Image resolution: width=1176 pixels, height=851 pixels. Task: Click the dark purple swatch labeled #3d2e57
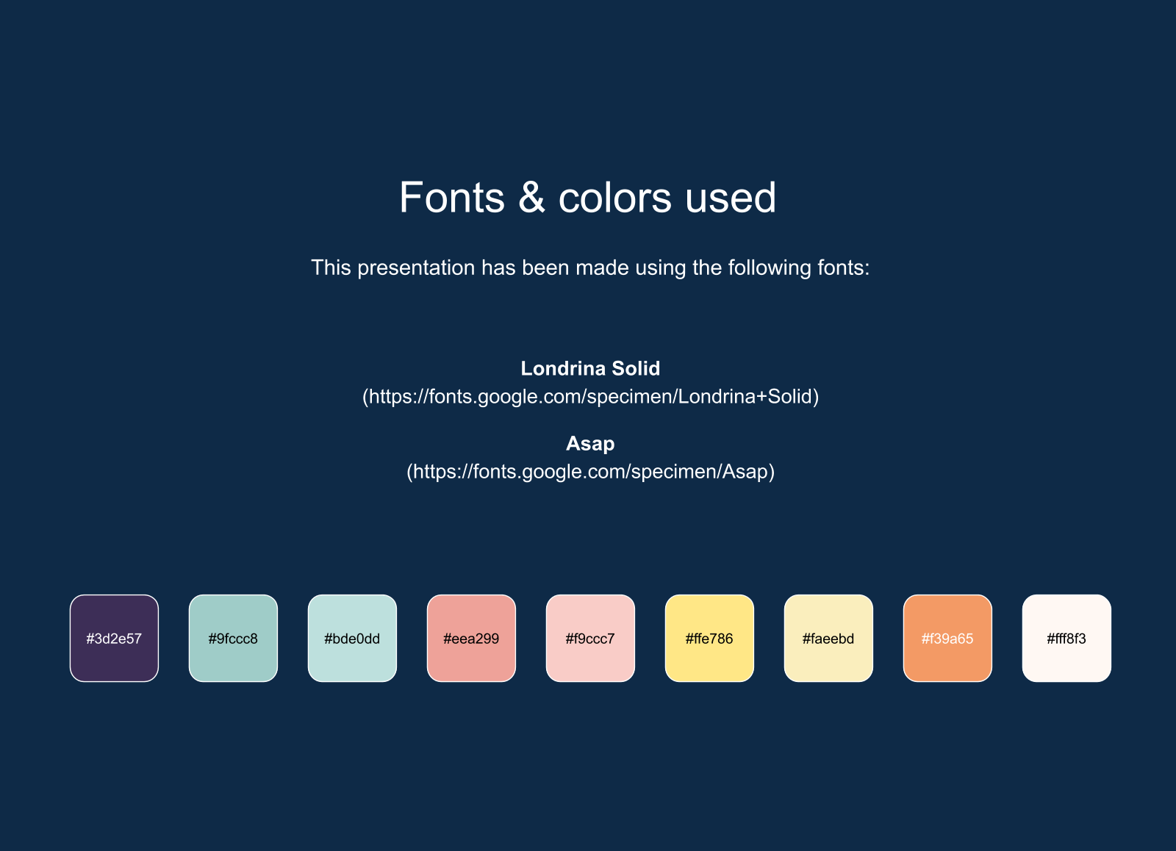click(114, 639)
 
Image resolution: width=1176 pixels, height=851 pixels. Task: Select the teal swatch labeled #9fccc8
click(233, 639)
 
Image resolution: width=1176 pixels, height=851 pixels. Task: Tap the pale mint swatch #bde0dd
click(352, 639)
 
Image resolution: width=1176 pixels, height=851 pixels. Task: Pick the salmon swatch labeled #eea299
click(471, 639)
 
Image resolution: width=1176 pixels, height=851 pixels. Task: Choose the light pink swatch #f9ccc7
click(591, 639)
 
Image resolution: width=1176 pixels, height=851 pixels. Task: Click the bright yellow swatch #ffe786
click(709, 639)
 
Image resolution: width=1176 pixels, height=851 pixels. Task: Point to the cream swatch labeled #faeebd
click(828, 639)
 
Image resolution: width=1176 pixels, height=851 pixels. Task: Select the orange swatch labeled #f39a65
click(947, 639)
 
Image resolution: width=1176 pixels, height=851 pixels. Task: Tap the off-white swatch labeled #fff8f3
click(1066, 639)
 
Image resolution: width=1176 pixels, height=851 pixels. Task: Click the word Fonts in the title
click(452, 198)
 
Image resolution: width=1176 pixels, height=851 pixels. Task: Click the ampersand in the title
click(531, 198)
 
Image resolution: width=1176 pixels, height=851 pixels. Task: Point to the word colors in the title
click(614, 198)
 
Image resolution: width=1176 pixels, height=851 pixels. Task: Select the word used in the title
click(731, 198)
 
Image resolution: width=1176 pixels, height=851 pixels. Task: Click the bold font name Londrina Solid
click(590, 368)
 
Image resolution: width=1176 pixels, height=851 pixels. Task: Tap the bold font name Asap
click(590, 444)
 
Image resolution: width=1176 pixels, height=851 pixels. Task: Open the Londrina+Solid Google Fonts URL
click(591, 397)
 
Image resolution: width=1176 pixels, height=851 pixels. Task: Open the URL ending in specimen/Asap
click(591, 472)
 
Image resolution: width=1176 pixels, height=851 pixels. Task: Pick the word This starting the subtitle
click(331, 267)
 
